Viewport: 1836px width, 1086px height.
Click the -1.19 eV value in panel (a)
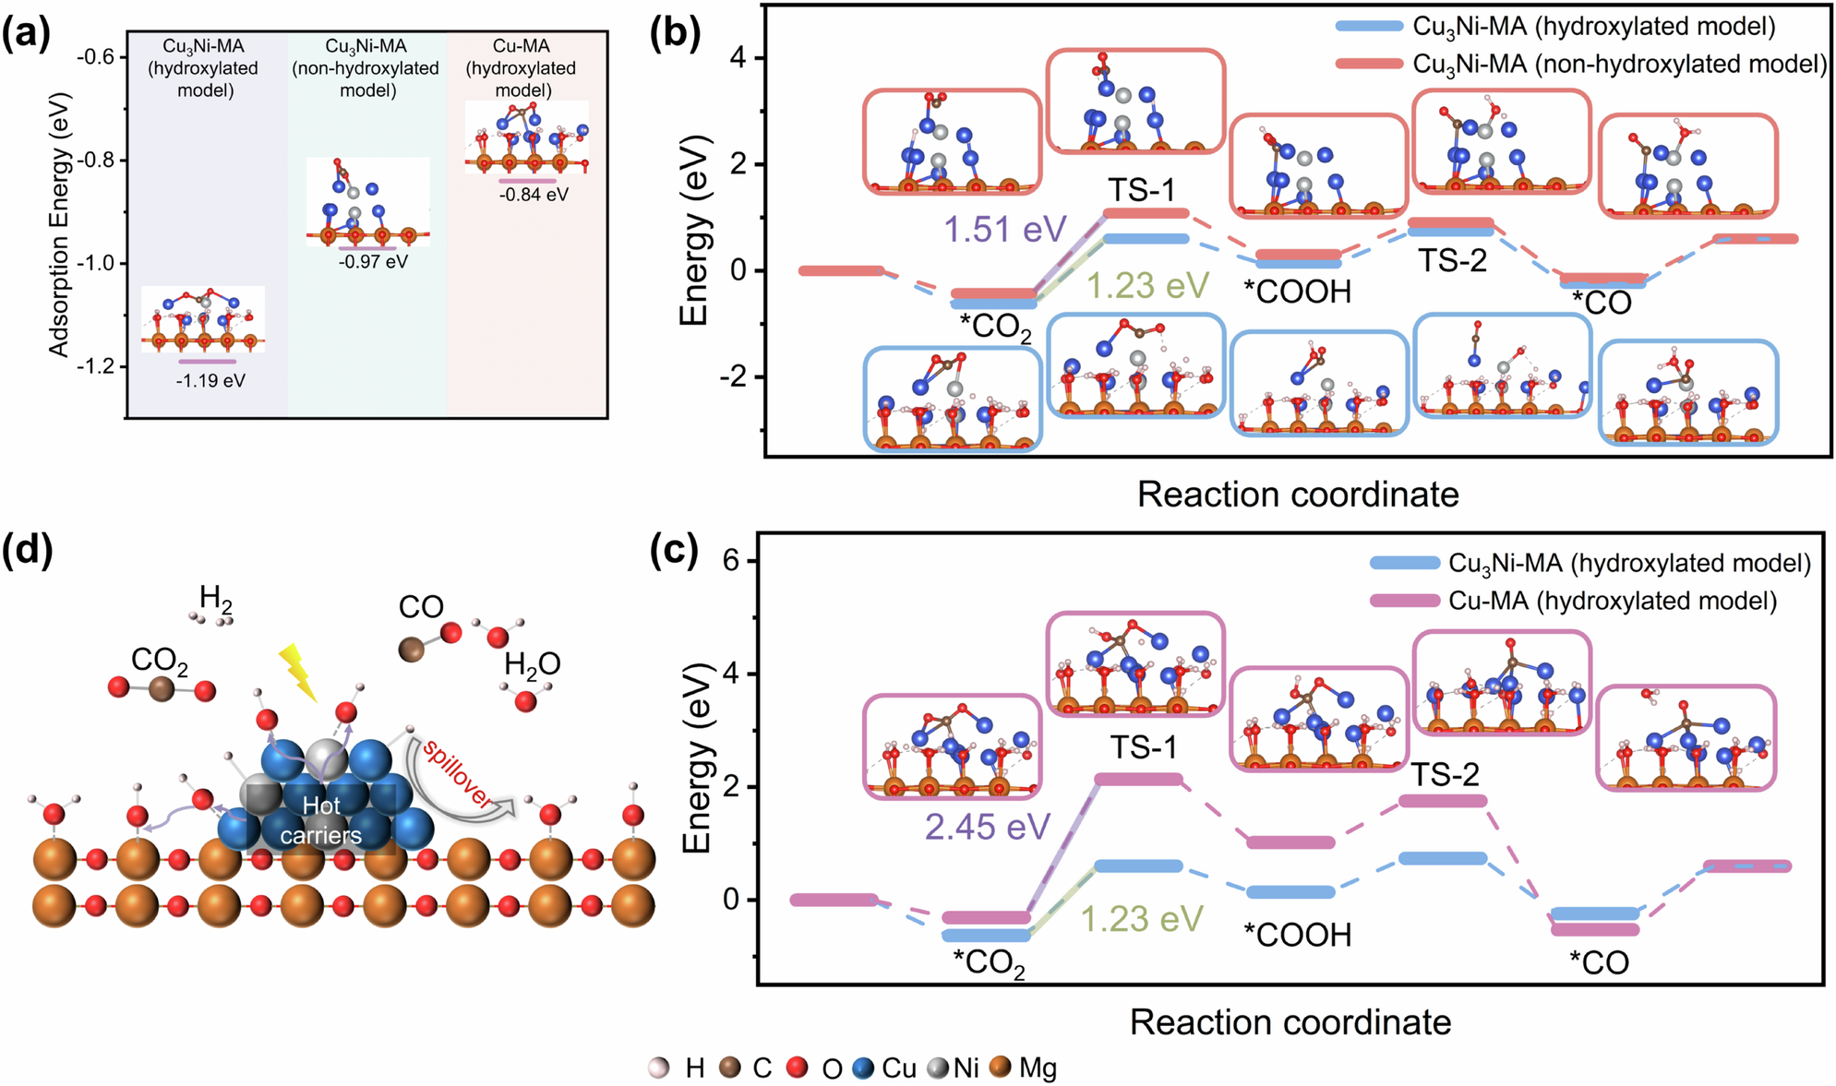[x=210, y=381]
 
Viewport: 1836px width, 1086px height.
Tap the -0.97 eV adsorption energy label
[x=373, y=262]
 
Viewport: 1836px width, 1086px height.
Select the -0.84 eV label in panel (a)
[x=534, y=195]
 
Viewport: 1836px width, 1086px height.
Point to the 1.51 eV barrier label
[x=1004, y=229]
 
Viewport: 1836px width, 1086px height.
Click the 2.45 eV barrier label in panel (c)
[x=987, y=827]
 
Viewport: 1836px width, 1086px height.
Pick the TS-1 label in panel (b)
[x=1142, y=190]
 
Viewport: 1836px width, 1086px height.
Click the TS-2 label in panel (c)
[x=1445, y=775]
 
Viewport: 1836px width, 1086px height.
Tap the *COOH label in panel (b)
[x=1297, y=292]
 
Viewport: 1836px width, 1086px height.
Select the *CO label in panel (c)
[x=1599, y=963]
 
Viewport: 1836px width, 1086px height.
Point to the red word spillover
[x=457, y=773]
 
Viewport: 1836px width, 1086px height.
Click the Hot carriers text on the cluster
[x=321, y=820]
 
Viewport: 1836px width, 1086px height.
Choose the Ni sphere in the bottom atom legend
[x=939, y=1068]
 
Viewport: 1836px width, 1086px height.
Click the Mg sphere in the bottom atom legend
[x=1001, y=1068]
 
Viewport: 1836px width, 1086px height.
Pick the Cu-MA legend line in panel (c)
[x=1404, y=602]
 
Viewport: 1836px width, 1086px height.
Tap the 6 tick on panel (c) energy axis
[x=731, y=562]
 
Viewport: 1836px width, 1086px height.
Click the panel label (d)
[x=28, y=551]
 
